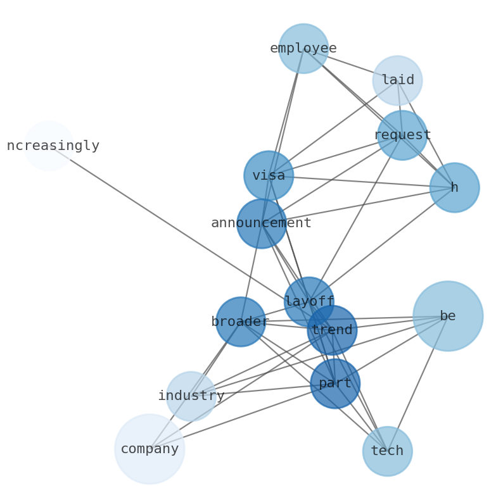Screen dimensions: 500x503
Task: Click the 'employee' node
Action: click(303, 48)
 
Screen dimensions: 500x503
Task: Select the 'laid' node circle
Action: click(397, 80)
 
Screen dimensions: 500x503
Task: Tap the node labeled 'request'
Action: click(402, 135)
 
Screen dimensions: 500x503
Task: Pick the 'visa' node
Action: click(269, 175)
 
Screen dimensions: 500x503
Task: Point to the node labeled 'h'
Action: click(454, 187)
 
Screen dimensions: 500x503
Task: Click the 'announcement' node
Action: click(261, 223)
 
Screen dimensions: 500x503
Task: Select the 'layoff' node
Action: click(309, 301)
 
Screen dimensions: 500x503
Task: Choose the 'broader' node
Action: click(240, 322)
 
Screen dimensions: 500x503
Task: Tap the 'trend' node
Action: click(332, 330)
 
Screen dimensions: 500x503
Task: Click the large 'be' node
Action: click(447, 316)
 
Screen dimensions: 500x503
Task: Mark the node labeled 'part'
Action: click(334, 383)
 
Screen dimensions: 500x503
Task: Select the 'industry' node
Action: click(191, 396)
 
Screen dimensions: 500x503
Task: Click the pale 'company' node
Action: click(150, 449)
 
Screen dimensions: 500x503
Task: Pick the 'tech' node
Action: click(387, 451)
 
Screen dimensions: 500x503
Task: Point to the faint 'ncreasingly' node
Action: click(49, 146)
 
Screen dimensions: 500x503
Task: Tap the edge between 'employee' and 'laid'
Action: click(350, 64)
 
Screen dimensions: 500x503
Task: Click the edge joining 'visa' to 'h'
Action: click(361, 181)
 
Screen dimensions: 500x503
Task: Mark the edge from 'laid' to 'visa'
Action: click(333, 128)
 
